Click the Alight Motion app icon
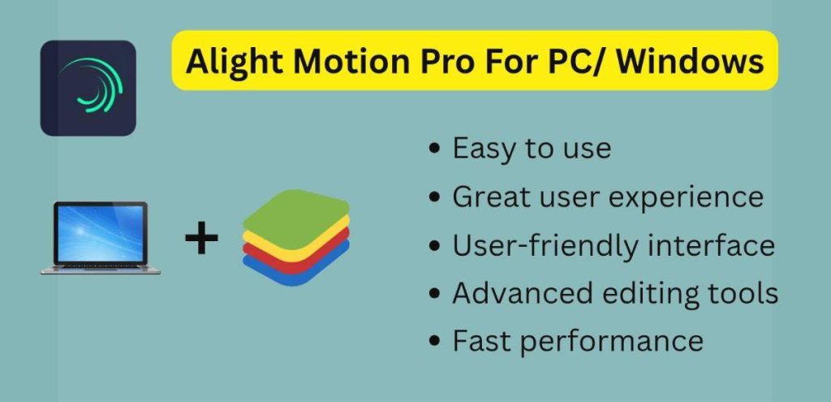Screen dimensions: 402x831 coord(88,88)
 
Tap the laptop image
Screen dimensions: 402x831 coord(100,238)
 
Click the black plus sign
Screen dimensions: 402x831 coord(201,239)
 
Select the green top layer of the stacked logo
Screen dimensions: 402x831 coord(295,213)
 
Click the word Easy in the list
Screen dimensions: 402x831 coord(486,149)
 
